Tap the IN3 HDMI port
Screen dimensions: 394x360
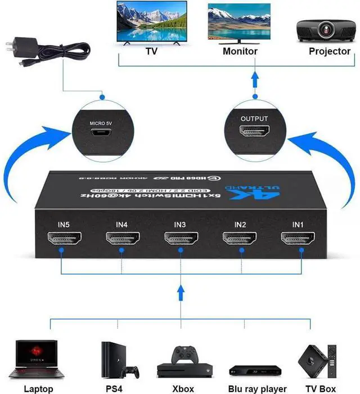click(180, 238)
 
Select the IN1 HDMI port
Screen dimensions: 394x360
click(298, 238)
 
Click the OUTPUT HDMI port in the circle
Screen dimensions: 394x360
click(255, 132)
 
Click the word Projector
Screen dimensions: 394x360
click(330, 51)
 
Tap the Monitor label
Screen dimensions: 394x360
click(240, 51)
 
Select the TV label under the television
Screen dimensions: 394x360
click(151, 51)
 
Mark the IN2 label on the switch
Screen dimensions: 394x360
click(240, 225)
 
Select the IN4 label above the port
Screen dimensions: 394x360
click(122, 225)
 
